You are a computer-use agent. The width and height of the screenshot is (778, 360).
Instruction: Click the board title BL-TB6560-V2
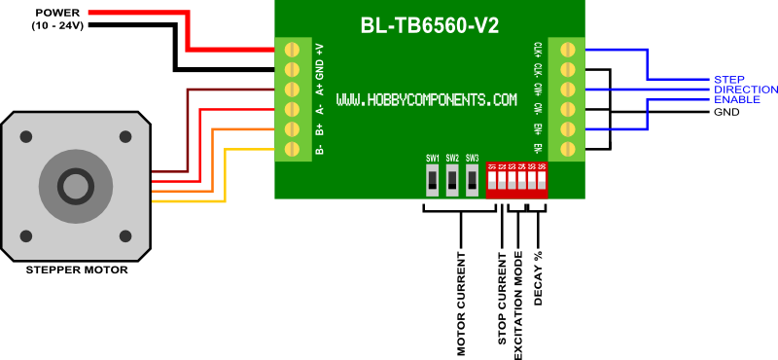[x=430, y=26]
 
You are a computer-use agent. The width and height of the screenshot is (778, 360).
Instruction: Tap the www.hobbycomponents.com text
[x=427, y=100]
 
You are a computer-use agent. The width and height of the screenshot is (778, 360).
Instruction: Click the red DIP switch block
[x=516, y=180]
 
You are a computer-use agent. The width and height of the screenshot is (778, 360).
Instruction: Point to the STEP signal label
[x=728, y=79]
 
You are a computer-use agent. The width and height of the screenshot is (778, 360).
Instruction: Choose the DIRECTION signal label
[x=746, y=90]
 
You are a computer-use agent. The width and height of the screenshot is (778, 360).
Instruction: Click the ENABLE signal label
[x=737, y=99]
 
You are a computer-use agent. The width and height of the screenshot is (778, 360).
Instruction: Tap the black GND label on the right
[x=726, y=112]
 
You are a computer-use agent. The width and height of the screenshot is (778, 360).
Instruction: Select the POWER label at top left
[x=57, y=13]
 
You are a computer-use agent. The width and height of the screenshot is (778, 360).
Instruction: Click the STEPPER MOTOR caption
[x=76, y=270]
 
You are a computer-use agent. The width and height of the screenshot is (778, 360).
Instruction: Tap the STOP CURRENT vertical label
[x=502, y=299]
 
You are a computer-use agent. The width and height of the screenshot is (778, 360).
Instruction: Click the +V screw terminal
[x=290, y=48]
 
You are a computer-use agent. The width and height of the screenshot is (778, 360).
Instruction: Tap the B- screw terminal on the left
[x=290, y=149]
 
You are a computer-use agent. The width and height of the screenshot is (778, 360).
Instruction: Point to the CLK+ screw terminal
[x=568, y=48]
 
